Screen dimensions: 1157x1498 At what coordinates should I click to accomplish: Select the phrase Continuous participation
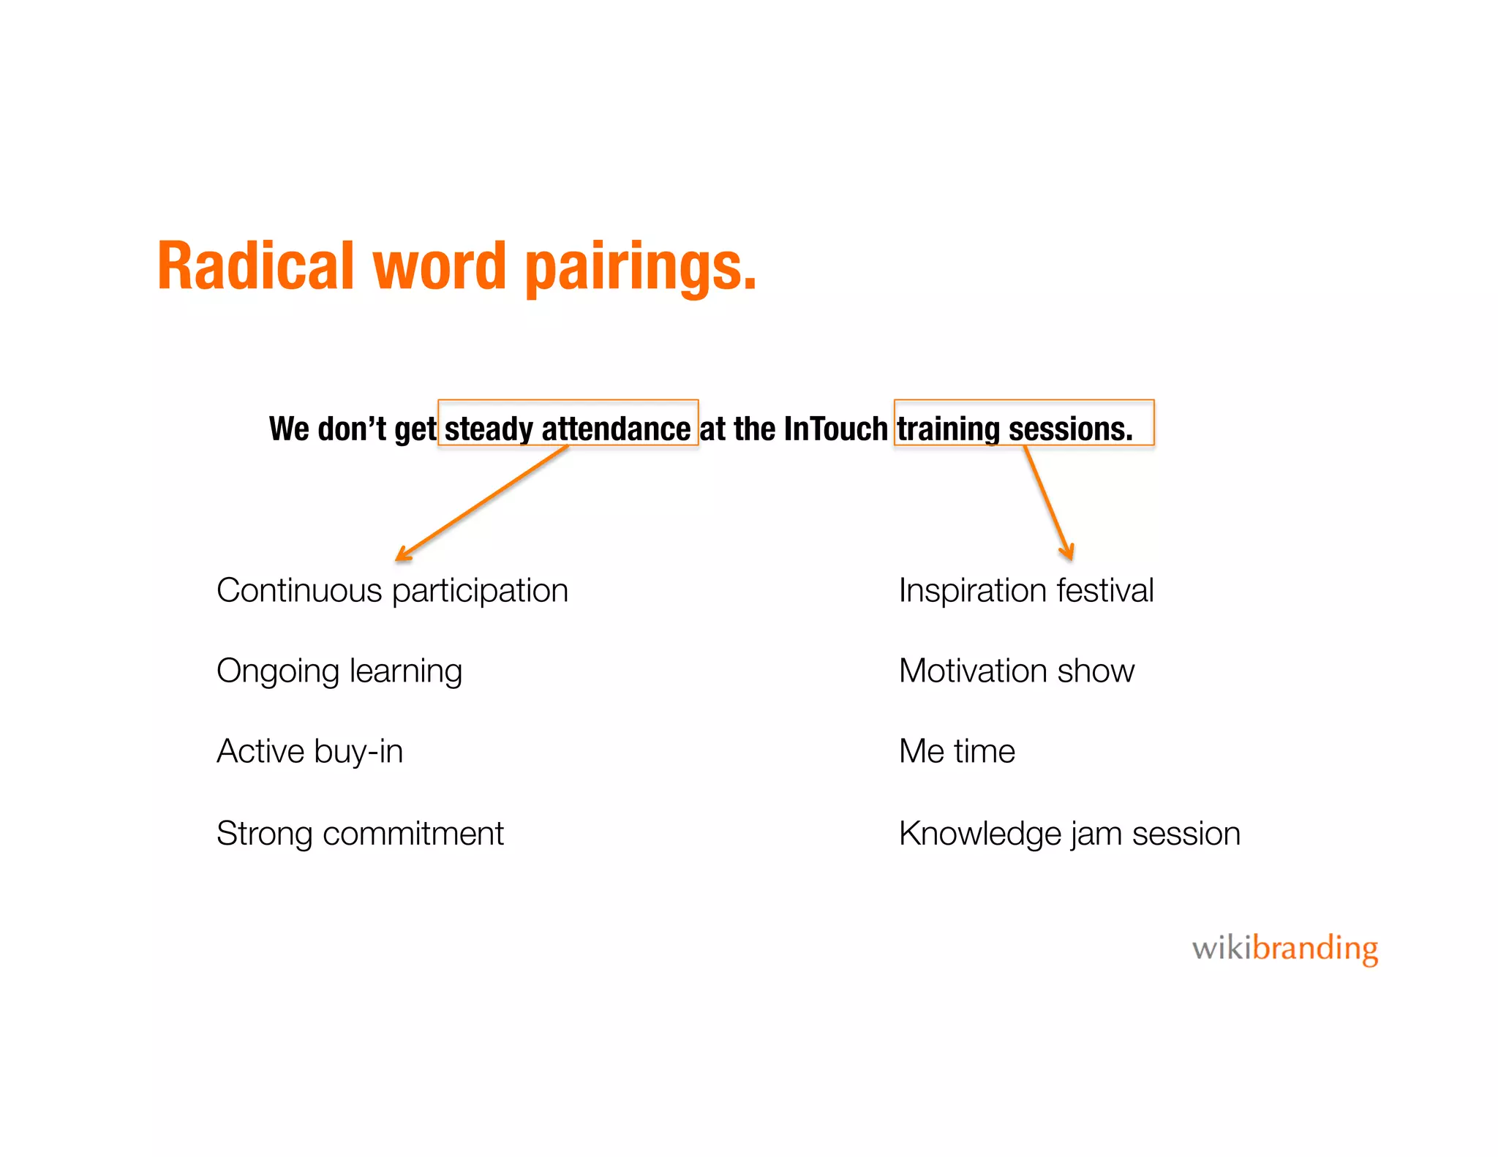tap(392, 591)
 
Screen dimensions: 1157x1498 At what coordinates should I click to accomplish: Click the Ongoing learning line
tap(339, 671)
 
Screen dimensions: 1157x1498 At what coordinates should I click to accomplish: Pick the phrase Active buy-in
tap(309, 752)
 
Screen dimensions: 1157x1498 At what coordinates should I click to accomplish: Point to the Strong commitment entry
tap(360, 834)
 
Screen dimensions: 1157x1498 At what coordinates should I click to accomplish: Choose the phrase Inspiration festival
tap(1025, 591)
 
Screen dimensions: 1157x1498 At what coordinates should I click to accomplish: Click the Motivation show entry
tap(1016, 671)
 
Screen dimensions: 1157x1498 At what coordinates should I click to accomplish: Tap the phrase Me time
tap(957, 752)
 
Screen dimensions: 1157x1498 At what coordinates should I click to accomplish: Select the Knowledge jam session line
tap(1069, 834)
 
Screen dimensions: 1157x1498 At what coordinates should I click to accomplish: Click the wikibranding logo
tap(1284, 949)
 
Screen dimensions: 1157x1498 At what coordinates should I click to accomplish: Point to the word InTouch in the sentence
tap(835, 429)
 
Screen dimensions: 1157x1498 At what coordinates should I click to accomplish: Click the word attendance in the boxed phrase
tap(616, 429)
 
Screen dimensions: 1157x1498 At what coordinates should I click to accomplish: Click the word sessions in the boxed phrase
tap(1070, 429)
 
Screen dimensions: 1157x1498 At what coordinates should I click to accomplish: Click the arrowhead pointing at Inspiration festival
tap(1068, 552)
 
